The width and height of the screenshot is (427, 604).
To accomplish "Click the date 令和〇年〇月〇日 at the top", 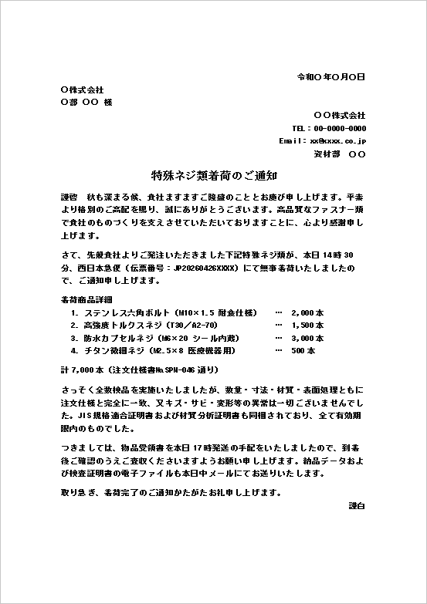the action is point(331,77).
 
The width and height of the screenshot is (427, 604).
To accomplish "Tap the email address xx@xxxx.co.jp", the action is point(337,141).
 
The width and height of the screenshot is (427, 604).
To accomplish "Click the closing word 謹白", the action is point(357,505).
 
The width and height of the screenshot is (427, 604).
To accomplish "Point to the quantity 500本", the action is point(303,350).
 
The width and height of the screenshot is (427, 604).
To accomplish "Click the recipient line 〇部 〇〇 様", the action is point(86,103).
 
